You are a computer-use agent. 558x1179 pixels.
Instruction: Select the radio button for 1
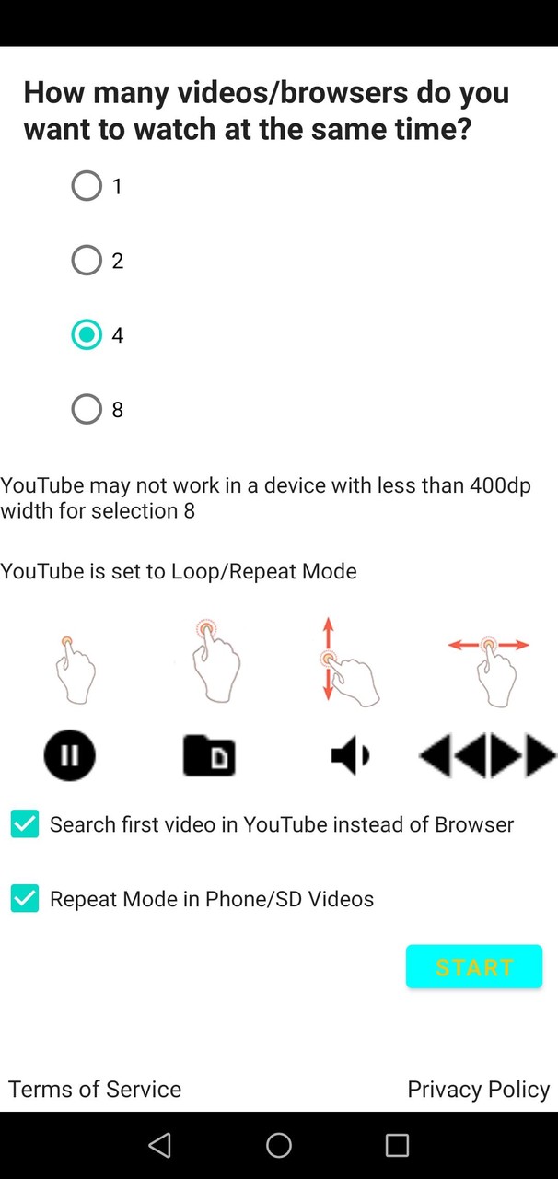tap(87, 186)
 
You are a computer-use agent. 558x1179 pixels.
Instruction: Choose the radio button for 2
tap(87, 260)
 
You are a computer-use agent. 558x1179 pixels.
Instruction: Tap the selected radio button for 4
tap(87, 334)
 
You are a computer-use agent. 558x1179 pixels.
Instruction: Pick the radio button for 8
tap(87, 409)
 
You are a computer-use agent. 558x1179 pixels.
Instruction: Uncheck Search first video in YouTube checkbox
tap(25, 823)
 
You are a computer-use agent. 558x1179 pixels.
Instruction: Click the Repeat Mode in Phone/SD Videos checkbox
tap(25, 898)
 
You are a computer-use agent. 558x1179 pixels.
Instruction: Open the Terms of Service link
tap(95, 1089)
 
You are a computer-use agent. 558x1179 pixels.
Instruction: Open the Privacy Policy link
tap(479, 1090)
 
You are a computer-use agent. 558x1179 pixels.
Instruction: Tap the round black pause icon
tap(69, 755)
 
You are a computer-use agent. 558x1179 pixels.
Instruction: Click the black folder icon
tap(209, 756)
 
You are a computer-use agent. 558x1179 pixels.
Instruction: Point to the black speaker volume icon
tap(350, 756)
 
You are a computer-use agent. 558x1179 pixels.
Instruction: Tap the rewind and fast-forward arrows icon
tap(487, 755)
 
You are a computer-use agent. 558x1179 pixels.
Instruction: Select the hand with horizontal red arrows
tap(490, 672)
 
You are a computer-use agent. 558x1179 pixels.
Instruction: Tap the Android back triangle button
tap(159, 1145)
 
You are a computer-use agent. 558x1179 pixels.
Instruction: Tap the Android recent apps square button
tap(397, 1145)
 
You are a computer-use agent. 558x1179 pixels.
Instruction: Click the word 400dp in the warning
tap(501, 485)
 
